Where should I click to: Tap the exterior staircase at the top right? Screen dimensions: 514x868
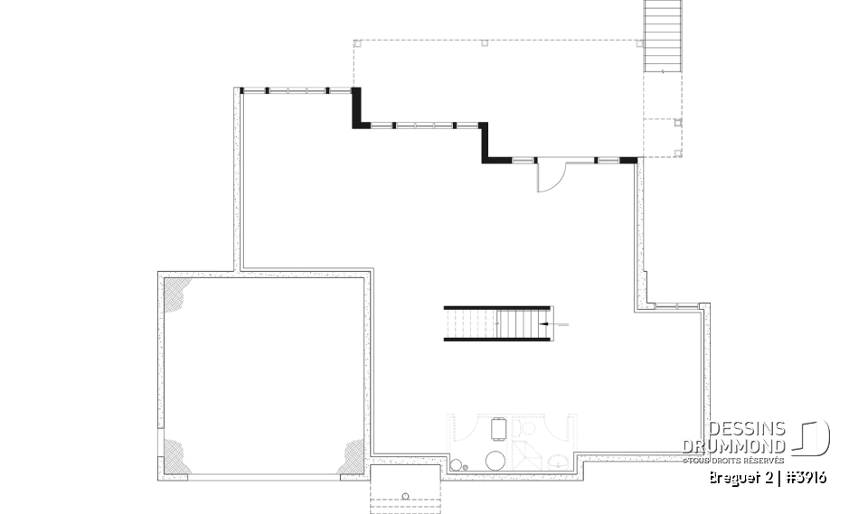[x=662, y=36]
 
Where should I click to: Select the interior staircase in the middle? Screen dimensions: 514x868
[x=496, y=323]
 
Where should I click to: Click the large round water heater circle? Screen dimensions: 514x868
[x=495, y=460]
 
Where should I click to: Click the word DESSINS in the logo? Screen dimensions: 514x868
[x=748, y=428]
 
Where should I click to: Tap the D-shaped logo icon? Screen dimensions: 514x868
[x=812, y=438]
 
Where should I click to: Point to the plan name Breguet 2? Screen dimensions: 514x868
[x=741, y=478]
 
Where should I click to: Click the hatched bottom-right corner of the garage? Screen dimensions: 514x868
[x=352, y=458]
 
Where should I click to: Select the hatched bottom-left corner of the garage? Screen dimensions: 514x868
[x=176, y=458]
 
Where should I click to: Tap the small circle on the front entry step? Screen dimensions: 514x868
[x=405, y=495]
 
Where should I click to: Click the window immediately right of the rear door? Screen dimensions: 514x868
[x=608, y=160]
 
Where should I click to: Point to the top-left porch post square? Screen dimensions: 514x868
[x=356, y=42]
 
